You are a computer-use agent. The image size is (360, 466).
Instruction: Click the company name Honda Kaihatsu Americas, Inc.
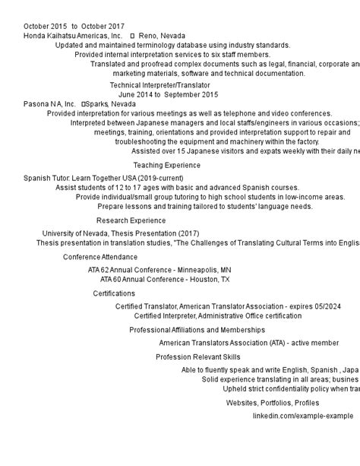point(73,36)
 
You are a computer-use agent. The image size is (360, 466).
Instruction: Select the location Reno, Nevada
point(162,36)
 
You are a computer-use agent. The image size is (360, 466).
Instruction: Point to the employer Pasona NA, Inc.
point(50,104)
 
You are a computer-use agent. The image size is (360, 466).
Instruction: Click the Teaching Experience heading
point(167,165)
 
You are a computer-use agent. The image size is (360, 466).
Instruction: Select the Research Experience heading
point(131,220)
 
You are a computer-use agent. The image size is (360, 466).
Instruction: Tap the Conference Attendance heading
point(100,257)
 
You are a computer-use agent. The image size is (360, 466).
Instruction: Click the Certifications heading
point(114,293)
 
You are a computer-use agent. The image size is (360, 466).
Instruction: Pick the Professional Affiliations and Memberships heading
point(197,330)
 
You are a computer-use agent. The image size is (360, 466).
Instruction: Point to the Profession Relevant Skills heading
point(198,357)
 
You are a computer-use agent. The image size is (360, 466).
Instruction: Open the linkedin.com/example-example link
point(303,416)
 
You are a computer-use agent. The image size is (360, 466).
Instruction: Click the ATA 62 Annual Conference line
point(159,270)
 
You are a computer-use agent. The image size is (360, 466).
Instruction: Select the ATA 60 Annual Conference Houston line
point(159,279)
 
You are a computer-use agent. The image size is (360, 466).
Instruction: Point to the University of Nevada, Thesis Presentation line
point(121,233)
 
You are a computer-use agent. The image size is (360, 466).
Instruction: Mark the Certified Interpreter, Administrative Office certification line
point(218,315)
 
